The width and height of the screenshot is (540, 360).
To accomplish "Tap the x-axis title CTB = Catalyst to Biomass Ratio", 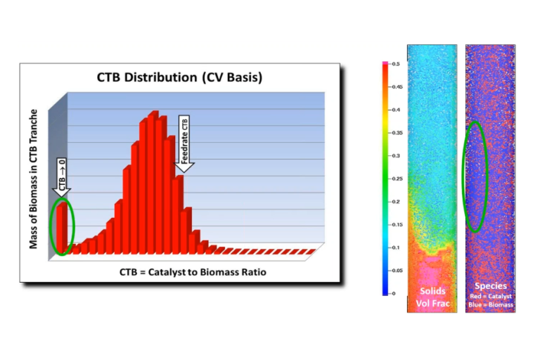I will (x=185, y=271).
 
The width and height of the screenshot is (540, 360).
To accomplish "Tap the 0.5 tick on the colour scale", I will (x=396, y=64).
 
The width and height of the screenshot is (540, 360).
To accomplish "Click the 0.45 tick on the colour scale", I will (x=396, y=87).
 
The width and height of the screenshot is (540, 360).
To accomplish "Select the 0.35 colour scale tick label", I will (x=396, y=133).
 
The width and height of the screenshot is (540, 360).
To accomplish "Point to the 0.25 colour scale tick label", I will (x=396, y=179).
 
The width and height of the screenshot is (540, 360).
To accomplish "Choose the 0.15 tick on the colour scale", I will (x=396, y=224).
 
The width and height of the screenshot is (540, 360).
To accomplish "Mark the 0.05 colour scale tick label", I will (x=396, y=270).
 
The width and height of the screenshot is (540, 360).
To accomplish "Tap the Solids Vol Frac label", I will (x=432, y=295).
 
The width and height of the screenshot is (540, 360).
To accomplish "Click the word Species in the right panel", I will (x=491, y=285).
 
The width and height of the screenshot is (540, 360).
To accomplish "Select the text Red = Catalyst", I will (x=491, y=296).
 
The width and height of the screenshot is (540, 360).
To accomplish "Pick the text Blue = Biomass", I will (x=491, y=304).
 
